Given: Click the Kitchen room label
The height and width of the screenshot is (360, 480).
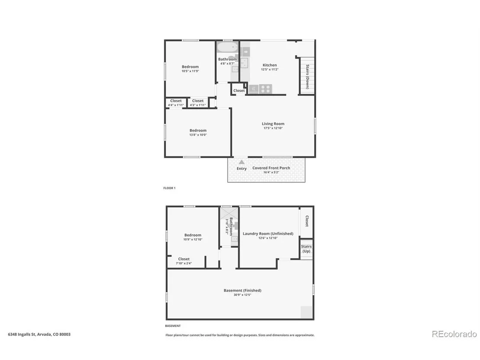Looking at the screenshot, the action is click(270, 65).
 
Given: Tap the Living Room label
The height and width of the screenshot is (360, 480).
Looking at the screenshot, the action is click(273, 123).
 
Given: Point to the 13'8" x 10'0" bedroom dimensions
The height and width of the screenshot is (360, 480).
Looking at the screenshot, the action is click(198, 135).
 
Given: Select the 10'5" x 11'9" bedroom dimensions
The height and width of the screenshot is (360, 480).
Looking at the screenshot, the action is click(190, 71).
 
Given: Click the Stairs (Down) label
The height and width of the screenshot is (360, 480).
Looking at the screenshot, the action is click(307, 77).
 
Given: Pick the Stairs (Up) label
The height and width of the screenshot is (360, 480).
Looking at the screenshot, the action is click(306, 249).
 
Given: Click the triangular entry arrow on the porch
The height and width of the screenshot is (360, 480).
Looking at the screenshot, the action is click(242, 162).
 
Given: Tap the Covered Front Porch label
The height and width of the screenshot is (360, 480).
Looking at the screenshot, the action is click(271, 168).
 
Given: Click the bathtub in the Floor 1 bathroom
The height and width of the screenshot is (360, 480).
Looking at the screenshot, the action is click(227, 48).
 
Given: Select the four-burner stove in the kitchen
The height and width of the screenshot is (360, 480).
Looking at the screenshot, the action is click(266, 89).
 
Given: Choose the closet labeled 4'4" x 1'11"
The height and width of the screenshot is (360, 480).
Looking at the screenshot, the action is click(176, 103).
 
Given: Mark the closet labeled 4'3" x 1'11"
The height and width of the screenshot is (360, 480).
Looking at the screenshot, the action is click(198, 103).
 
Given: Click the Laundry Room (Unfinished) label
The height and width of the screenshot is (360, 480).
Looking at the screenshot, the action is click(268, 233).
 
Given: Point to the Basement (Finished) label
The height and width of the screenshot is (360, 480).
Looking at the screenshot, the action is click(243, 290).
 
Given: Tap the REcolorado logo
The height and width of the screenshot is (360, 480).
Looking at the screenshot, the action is click(454, 334).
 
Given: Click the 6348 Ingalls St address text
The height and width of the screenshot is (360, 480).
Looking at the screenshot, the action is click(39, 334).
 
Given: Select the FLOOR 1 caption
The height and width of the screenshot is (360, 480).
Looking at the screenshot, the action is click(169, 188).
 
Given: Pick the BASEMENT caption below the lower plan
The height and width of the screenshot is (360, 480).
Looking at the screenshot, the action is click(173, 326).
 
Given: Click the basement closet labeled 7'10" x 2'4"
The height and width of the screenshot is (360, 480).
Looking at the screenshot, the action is click(184, 261).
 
